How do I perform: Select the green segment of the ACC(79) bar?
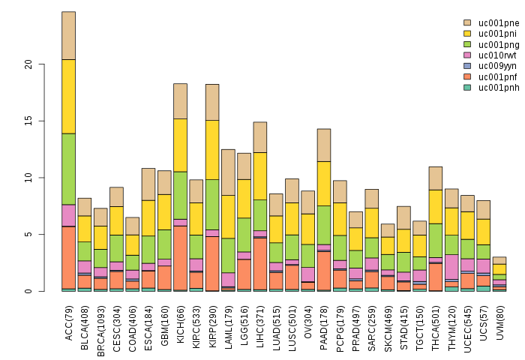tap(68, 169)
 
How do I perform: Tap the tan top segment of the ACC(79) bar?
tap(68, 35)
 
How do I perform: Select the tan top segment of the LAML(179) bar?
tap(228, 172)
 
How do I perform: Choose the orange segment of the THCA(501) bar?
tap(435, 274)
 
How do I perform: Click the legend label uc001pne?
tap(498, 23)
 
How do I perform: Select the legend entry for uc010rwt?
tap(498, 55)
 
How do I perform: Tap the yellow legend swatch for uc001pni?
tap(467, 34)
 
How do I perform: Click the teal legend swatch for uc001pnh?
tap(467, 87)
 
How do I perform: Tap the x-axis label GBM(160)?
tap(164, 321)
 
